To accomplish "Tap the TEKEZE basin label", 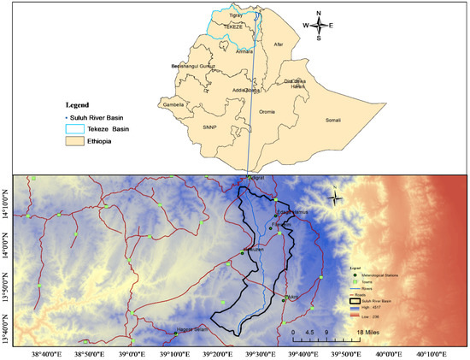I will (233, 27).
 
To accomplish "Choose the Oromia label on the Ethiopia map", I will (267, 111).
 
